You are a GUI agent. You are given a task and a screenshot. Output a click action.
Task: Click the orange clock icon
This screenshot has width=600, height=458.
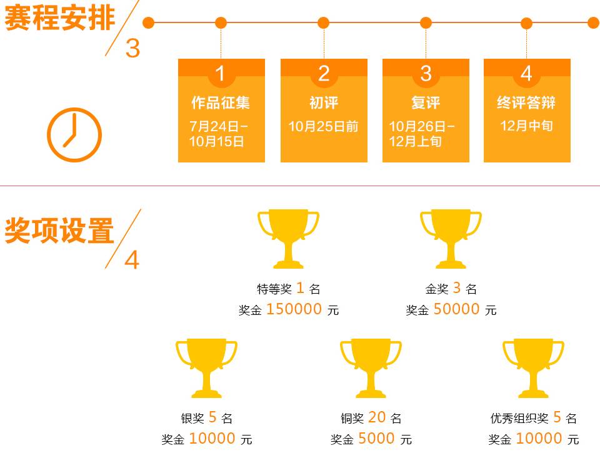pyautogui.click(x=74, y=135)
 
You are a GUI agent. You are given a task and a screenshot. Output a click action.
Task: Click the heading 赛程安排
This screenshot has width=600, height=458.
pyautogui.click(x=59, y=18)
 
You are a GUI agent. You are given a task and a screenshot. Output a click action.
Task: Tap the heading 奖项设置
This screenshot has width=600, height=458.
pyautogui.click(x=59, y=231)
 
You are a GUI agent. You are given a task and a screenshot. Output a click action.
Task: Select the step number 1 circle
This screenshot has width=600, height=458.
pyautogui.click(x=220, y=74)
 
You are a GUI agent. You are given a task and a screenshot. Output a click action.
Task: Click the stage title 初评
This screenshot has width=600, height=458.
pyautogui.click(x=324, y=102)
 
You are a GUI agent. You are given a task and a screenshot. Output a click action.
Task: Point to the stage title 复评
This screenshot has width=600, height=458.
pyautogui.click(x=426, y=102)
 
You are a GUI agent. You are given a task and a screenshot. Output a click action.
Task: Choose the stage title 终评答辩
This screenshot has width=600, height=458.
pyautogui.click(x=526, y=102)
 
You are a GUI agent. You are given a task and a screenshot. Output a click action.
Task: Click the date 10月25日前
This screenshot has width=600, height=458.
pyautogui.click(x=324, y=127)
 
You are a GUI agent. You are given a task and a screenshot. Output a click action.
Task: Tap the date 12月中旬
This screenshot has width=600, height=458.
pyautogui.click(x=526, y=126)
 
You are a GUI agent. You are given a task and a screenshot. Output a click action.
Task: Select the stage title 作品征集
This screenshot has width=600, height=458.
pyautogui.click(x=221, y=102)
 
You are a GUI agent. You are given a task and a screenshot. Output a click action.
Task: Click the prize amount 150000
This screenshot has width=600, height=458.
pyautogui.click(x=294, y=309)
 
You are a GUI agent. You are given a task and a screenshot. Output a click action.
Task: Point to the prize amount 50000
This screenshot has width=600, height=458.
pyautogui.click(x=457, y=309)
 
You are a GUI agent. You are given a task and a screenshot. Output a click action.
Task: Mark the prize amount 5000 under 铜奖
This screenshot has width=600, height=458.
pyautogui.click(x=377, y=439)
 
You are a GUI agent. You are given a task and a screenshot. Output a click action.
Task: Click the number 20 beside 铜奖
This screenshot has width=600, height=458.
pyautogui.click(x=377, y=417)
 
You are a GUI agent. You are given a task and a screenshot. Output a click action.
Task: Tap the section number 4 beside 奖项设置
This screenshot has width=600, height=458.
pyautogui.click(x=132, y=260)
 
